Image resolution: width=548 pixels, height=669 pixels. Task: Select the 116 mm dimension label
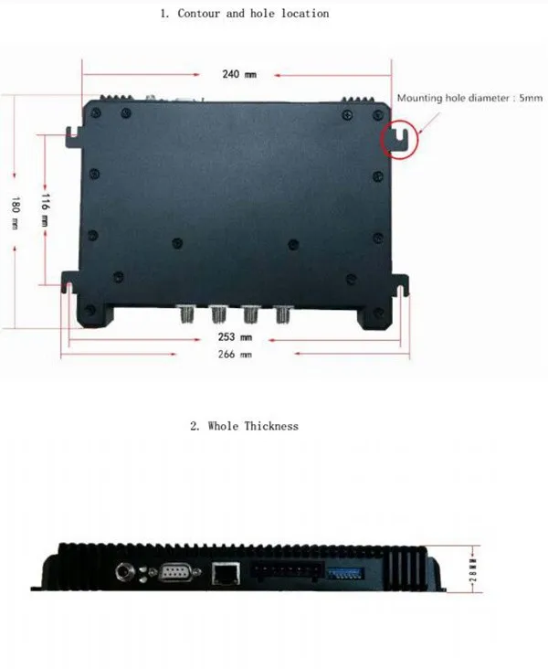click(45, 207)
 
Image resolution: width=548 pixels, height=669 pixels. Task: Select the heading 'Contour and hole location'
click(244, 14)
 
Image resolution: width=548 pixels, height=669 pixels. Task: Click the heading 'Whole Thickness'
click(244, 426)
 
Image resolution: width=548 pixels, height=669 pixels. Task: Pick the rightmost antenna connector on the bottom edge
click(281, 315)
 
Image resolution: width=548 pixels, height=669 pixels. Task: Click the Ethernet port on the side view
click(223, 573)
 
